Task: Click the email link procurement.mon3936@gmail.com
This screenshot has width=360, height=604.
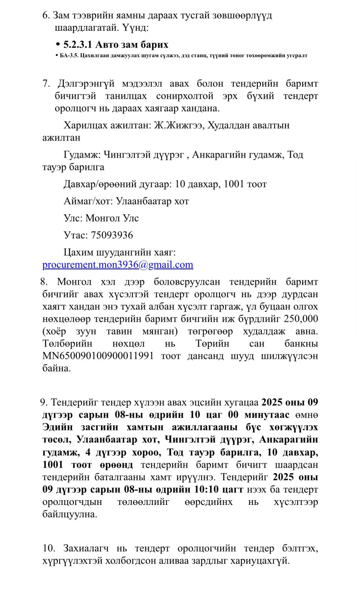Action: pos(118,265)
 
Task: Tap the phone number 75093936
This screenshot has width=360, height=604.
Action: pos(112,235)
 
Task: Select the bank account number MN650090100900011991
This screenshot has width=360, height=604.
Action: pos(98,356)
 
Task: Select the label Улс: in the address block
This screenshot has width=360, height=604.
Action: pos(73,218)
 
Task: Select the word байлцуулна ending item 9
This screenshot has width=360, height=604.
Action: pos(70,514)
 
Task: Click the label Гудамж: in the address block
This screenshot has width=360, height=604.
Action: pos(83,155)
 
